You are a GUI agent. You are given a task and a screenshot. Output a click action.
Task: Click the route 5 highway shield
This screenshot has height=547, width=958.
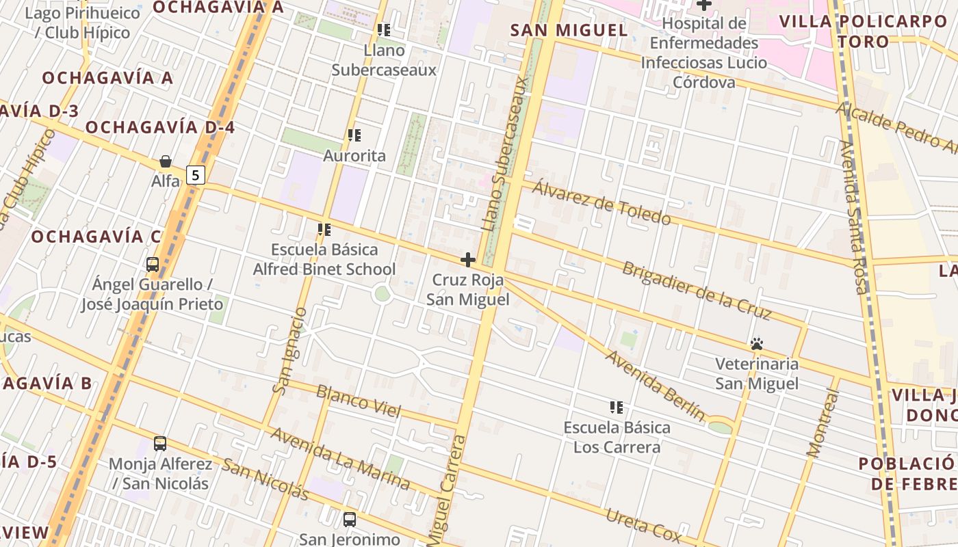click(x=196, y=175)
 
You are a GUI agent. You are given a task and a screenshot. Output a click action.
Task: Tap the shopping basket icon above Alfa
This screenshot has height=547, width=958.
click(x=166, y=161)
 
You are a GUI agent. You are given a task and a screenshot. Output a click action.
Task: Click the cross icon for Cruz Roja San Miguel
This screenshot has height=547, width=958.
click(x=468, y=260)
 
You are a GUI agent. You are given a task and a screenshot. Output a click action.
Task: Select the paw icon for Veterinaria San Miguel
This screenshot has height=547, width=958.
click(x=757, y=344)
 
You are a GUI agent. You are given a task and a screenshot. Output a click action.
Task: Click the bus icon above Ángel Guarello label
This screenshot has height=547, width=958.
click(x=153, y=264)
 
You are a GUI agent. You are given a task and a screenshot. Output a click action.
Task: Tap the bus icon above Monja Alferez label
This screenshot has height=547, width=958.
click(x=160, y=444)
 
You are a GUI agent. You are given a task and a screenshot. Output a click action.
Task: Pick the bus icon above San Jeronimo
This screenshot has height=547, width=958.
click(x=350, y=519)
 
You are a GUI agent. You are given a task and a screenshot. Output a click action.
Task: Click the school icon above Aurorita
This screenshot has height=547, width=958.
click(x=354, y=135)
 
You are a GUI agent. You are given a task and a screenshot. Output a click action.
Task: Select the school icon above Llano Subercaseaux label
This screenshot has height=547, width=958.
click(x=384, y=30)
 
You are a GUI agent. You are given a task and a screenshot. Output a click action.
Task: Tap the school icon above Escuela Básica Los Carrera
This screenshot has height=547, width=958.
click(x=616, y=408)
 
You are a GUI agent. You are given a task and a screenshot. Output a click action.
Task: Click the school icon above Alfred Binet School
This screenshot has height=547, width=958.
click(x=324, y=230)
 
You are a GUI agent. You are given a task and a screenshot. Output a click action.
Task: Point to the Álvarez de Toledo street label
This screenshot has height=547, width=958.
click(x=601, y=202)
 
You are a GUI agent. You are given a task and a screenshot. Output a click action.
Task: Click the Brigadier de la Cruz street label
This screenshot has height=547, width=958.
click(x=697, y=291)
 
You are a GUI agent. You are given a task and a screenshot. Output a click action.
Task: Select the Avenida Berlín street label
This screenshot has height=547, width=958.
click(x=655, y=386)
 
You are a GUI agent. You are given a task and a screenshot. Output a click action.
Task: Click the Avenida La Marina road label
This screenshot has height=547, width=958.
click(x=339, y=459)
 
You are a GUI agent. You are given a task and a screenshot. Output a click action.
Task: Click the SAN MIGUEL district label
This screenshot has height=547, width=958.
click(x=569, y=30)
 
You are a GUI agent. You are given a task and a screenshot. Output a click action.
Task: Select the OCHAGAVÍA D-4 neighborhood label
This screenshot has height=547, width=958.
click(x=160, y=127)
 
